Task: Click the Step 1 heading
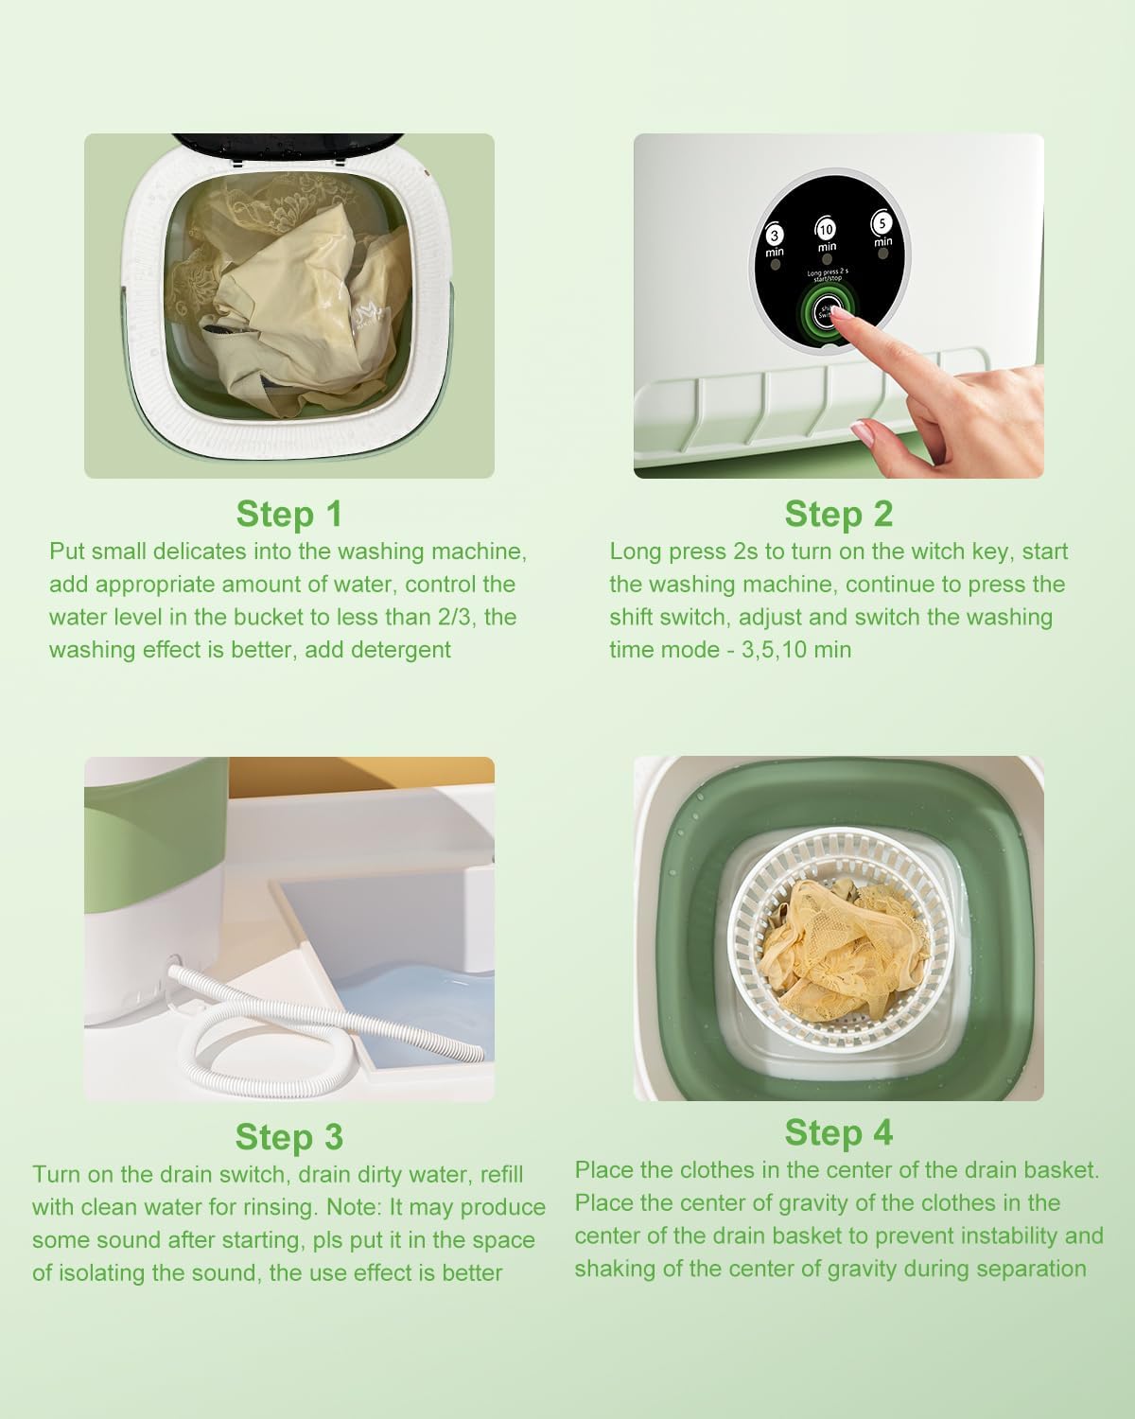[288, 514]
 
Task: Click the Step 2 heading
[838, 514]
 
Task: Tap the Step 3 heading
[288, 1136]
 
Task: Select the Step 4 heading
[838, 1132]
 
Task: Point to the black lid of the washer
[284, 148]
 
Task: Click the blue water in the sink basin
[416, 1012]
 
